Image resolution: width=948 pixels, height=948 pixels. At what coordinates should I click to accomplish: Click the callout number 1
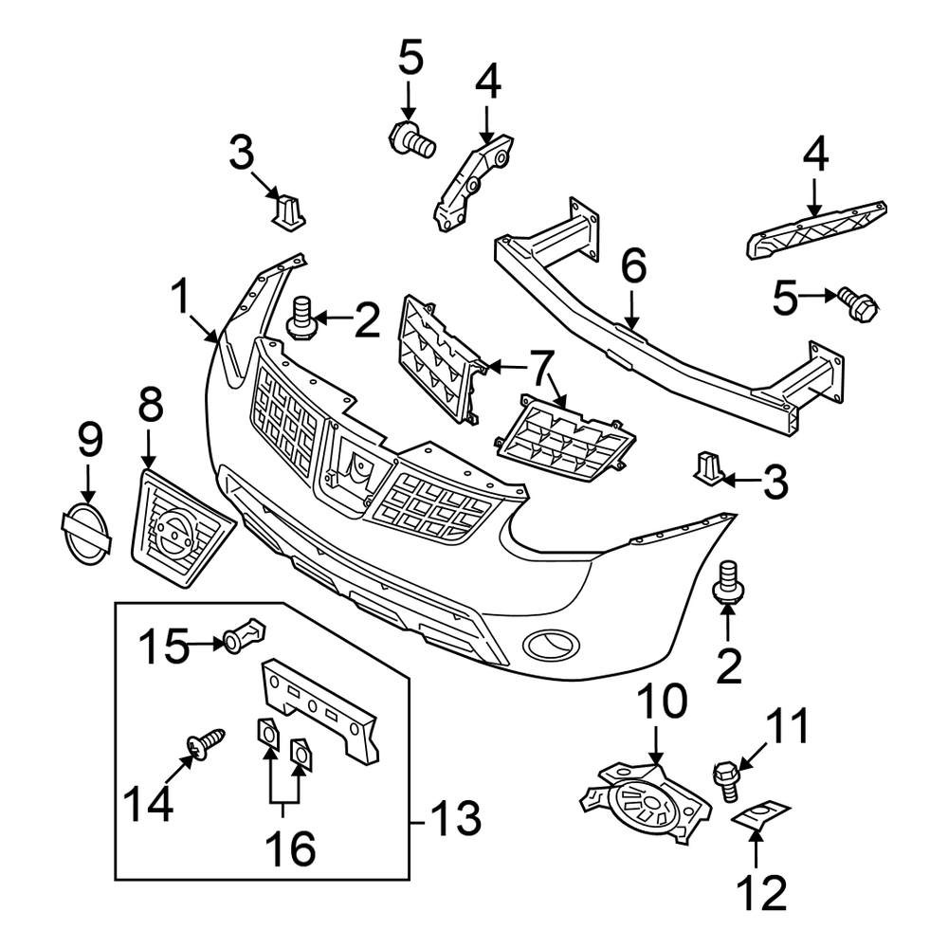point(182,298)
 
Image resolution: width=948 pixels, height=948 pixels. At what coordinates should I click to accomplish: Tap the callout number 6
point(633,265)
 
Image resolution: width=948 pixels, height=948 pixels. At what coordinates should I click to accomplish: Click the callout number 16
point(290,848)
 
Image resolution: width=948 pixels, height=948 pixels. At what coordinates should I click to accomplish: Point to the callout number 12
point(762,892)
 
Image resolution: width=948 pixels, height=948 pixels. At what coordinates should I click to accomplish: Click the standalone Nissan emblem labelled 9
point(87,535)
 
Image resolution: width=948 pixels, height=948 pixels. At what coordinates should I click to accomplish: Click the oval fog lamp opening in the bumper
point(551,645)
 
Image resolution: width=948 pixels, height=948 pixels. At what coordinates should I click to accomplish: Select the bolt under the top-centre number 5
point(411,139)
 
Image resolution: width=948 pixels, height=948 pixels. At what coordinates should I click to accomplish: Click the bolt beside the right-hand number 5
point(858,304)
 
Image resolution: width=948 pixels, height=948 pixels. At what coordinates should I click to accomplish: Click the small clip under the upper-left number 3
point(289,211)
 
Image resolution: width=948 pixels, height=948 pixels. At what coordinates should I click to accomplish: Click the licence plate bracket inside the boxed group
point(319,711)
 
